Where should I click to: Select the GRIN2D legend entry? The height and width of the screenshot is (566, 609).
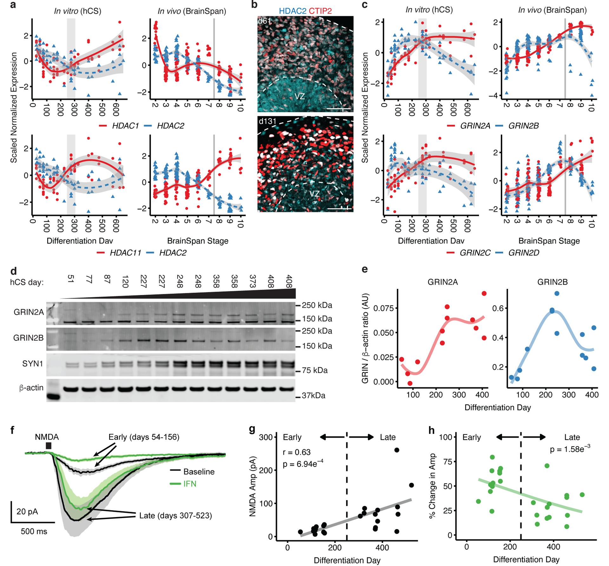click(523, 253)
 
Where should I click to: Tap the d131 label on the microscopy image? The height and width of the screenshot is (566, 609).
click(267, 122)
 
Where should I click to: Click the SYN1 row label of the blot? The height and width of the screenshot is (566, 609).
click(32, 363)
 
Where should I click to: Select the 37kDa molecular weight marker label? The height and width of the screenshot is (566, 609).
click(313, 396)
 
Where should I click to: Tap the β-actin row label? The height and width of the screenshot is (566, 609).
click(31, 388)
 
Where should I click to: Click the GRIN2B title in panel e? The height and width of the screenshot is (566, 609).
click(552, 282)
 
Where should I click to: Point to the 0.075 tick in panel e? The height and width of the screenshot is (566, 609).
click(383, 308)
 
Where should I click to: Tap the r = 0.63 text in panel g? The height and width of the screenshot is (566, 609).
click(297, 452)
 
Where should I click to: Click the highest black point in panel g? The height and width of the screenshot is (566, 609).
click(396, 450)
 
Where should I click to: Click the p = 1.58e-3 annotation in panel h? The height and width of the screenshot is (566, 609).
click(570, 449)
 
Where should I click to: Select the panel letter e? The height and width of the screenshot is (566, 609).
click(365, 270)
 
